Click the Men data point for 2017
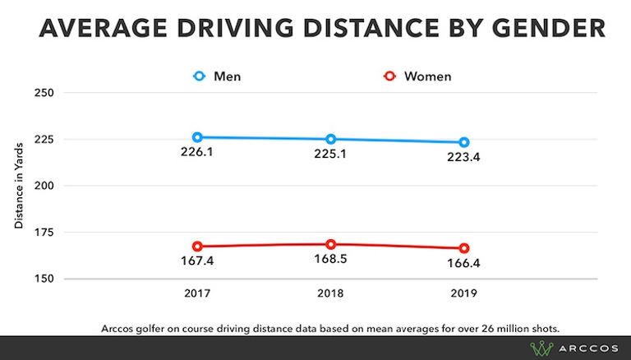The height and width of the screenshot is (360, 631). click(x=197, y=137)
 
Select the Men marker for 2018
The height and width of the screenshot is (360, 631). click(x=330, y=139)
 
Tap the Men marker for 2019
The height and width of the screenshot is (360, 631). click(x=464, y=142)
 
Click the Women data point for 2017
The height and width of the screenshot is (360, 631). click(x=197, y=246)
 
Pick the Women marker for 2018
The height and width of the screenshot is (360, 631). click(x=330, y=244)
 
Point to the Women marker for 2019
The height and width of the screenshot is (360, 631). click(x=464, y=248)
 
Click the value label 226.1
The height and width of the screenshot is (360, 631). click(x=197, y=152)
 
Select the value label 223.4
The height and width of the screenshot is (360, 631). click(x=464, y=157)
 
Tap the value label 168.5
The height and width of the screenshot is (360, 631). click(x=330, y=260)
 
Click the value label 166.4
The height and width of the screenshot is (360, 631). click(x=464, y=263)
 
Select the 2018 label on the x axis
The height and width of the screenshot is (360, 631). click(x=330, y=293)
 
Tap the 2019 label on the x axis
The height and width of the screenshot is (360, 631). click(x=464, y=293)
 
